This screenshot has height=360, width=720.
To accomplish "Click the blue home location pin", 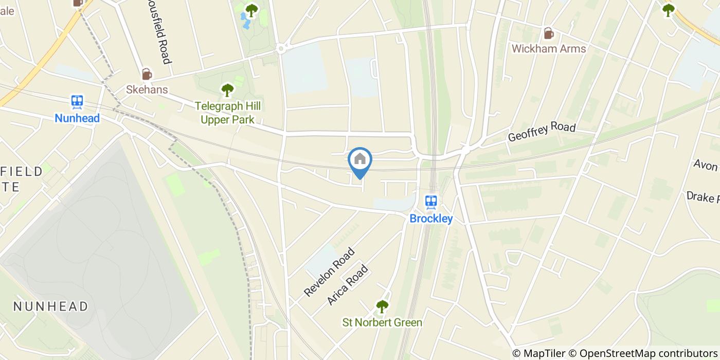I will point(360,161).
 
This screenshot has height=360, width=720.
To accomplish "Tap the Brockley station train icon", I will point(431,202).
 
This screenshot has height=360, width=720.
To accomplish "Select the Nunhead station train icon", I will point(78,101).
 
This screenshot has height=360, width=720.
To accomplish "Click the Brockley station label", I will point(431,219).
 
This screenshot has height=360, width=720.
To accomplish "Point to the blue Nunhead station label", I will point(77,118).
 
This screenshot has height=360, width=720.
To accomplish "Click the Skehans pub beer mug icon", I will point(147,74).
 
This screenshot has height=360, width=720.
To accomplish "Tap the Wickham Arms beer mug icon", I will point(549,34).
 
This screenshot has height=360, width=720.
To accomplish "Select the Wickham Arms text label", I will point(549,49).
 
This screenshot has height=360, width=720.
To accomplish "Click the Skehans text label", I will point(147,89).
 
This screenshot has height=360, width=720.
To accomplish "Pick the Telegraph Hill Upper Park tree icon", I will point(227,91).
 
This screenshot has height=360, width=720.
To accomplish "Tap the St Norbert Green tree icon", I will point(382,307).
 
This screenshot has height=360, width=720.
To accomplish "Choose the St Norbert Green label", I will point(382,323).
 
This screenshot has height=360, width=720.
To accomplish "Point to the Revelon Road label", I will point(329,272).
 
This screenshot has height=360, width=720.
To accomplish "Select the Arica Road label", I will point(348,284).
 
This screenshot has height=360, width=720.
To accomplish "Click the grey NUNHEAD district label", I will point(50,307).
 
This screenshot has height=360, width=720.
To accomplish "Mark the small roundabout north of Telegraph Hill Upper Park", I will point(281,49).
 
